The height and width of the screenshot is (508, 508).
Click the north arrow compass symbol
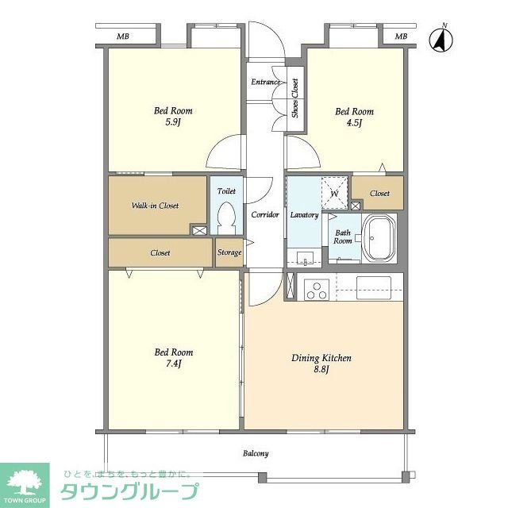click(x=439, y=40)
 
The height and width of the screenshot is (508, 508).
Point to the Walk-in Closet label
click(x=155, y=206)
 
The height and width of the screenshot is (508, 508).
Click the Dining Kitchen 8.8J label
click(x=321, y=364)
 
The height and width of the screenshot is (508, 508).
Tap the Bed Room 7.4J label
click(x=173, y=358)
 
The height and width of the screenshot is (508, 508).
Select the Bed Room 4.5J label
click(x=354, y=117)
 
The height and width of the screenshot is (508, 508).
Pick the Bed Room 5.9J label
click(x=173, y=117)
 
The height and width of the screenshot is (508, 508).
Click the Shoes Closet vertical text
click(x=294, y=98)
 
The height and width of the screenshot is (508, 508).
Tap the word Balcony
click(x=256, y=454)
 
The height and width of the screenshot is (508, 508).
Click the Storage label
click(x=229, y=253)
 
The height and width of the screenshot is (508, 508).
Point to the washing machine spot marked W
click(x=334, y=192)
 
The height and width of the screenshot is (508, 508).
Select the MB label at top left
click(x=123, y=37)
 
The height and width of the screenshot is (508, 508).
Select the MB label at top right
click(x=401, y=37)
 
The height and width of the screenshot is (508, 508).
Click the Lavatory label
click(x=304, y=215)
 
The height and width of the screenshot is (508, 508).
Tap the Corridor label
click(x=264, y=215)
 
